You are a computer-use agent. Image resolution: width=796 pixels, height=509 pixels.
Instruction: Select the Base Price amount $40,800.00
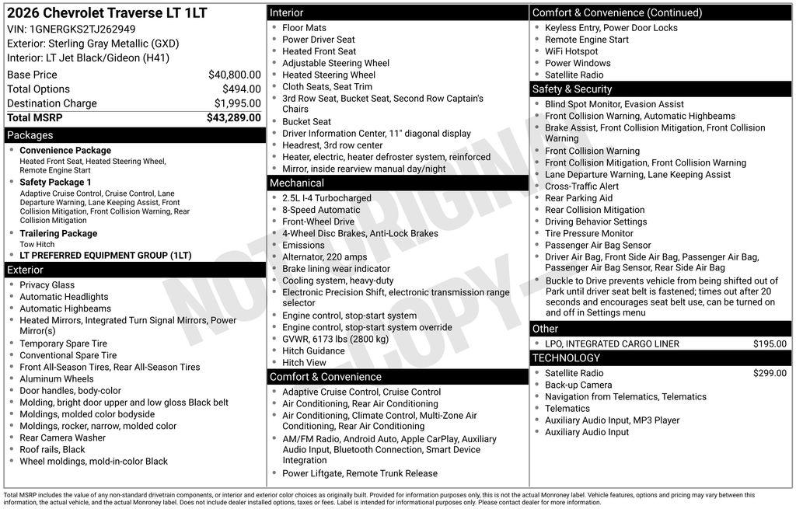click(x=234, y=75)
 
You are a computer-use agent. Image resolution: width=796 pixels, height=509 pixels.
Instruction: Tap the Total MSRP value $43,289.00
click(x=233, y=118)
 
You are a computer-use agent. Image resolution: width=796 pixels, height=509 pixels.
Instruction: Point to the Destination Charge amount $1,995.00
click(x=237, y=103)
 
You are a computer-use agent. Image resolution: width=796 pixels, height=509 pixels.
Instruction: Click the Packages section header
click(x=30, y=135)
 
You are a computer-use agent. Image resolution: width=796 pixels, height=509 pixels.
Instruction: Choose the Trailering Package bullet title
click(x=58, y=233)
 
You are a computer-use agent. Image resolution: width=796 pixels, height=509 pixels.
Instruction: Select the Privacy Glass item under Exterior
click(x=47, y=285)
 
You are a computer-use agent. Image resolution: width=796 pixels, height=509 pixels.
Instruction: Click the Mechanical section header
click(x=297, y=183)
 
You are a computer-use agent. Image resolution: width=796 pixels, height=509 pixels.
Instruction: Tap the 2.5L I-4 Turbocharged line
click(x=326, y=198)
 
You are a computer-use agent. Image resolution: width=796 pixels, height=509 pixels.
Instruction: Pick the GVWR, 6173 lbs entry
click(x=335, y=339)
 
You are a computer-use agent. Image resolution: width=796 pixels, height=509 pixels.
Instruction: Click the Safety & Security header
click(x=572, y=89)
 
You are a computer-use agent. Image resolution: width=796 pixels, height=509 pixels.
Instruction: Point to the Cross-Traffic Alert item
click(x=581, y=187)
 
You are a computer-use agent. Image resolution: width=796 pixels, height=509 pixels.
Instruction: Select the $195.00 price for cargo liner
click(x=770, y=343)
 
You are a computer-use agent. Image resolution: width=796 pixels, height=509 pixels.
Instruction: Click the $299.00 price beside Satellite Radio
click(x=770, y=373)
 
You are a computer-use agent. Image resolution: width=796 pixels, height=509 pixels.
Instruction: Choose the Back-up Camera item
click(x=578, y=385)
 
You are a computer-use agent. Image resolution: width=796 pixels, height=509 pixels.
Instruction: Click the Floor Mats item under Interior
click(x=304, y=28)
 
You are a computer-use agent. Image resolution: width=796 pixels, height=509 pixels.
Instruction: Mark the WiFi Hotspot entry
click(x=571, y=51)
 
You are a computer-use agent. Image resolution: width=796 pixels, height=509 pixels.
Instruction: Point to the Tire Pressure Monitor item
click(x=588, y=233)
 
